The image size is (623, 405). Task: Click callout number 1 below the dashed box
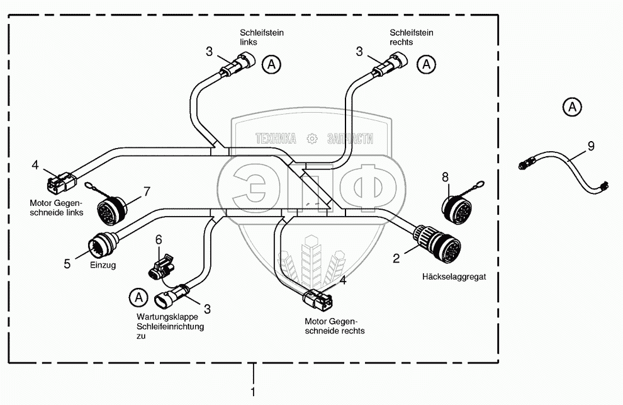(253, 392)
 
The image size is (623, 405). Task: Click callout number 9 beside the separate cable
(590, 146)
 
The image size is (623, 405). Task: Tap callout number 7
(147, 190)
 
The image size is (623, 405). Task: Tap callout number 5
(67, 264)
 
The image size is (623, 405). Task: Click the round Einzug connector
(100, 245)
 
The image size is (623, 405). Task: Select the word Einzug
(104, 266)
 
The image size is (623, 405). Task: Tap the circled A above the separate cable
(571, 107)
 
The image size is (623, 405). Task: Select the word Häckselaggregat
(455, 276)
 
